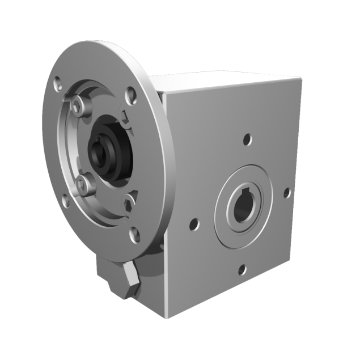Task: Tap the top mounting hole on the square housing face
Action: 247,138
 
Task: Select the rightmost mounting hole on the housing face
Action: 287,193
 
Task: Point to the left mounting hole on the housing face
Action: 195,223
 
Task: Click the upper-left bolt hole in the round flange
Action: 59,87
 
